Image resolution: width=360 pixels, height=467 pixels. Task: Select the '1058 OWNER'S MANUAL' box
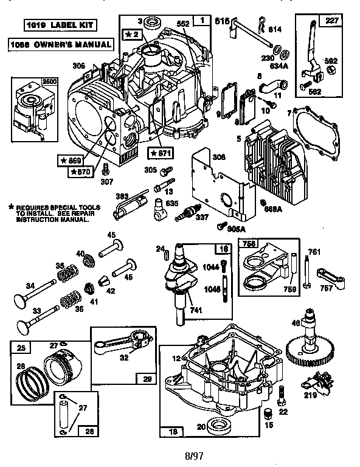[60, 44]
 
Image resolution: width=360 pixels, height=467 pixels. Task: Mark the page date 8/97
[182, 453]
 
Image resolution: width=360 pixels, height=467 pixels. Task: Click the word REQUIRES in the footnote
[31, 207]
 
